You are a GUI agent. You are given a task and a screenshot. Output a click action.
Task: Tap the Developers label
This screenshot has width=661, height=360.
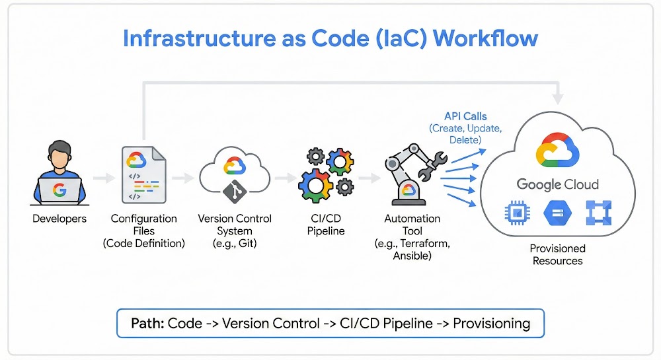[59, 219]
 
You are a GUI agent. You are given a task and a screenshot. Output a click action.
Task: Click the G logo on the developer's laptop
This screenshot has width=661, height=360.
[59, 190]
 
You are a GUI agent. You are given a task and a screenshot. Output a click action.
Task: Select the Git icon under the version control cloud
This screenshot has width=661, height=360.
[234, 191]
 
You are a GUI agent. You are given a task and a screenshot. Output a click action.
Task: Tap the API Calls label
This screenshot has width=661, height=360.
[466, 116]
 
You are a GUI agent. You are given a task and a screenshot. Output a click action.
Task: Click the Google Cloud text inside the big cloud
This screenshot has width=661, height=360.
[557, 184]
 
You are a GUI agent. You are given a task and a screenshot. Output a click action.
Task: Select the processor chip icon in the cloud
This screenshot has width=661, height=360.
[515, 213]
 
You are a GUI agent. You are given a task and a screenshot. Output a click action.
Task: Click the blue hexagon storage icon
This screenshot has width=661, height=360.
[557, 213]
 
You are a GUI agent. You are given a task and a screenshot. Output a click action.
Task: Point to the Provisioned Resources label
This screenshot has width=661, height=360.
[557, 254]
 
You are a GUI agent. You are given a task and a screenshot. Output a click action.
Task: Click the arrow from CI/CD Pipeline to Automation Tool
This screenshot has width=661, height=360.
[370, 178]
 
